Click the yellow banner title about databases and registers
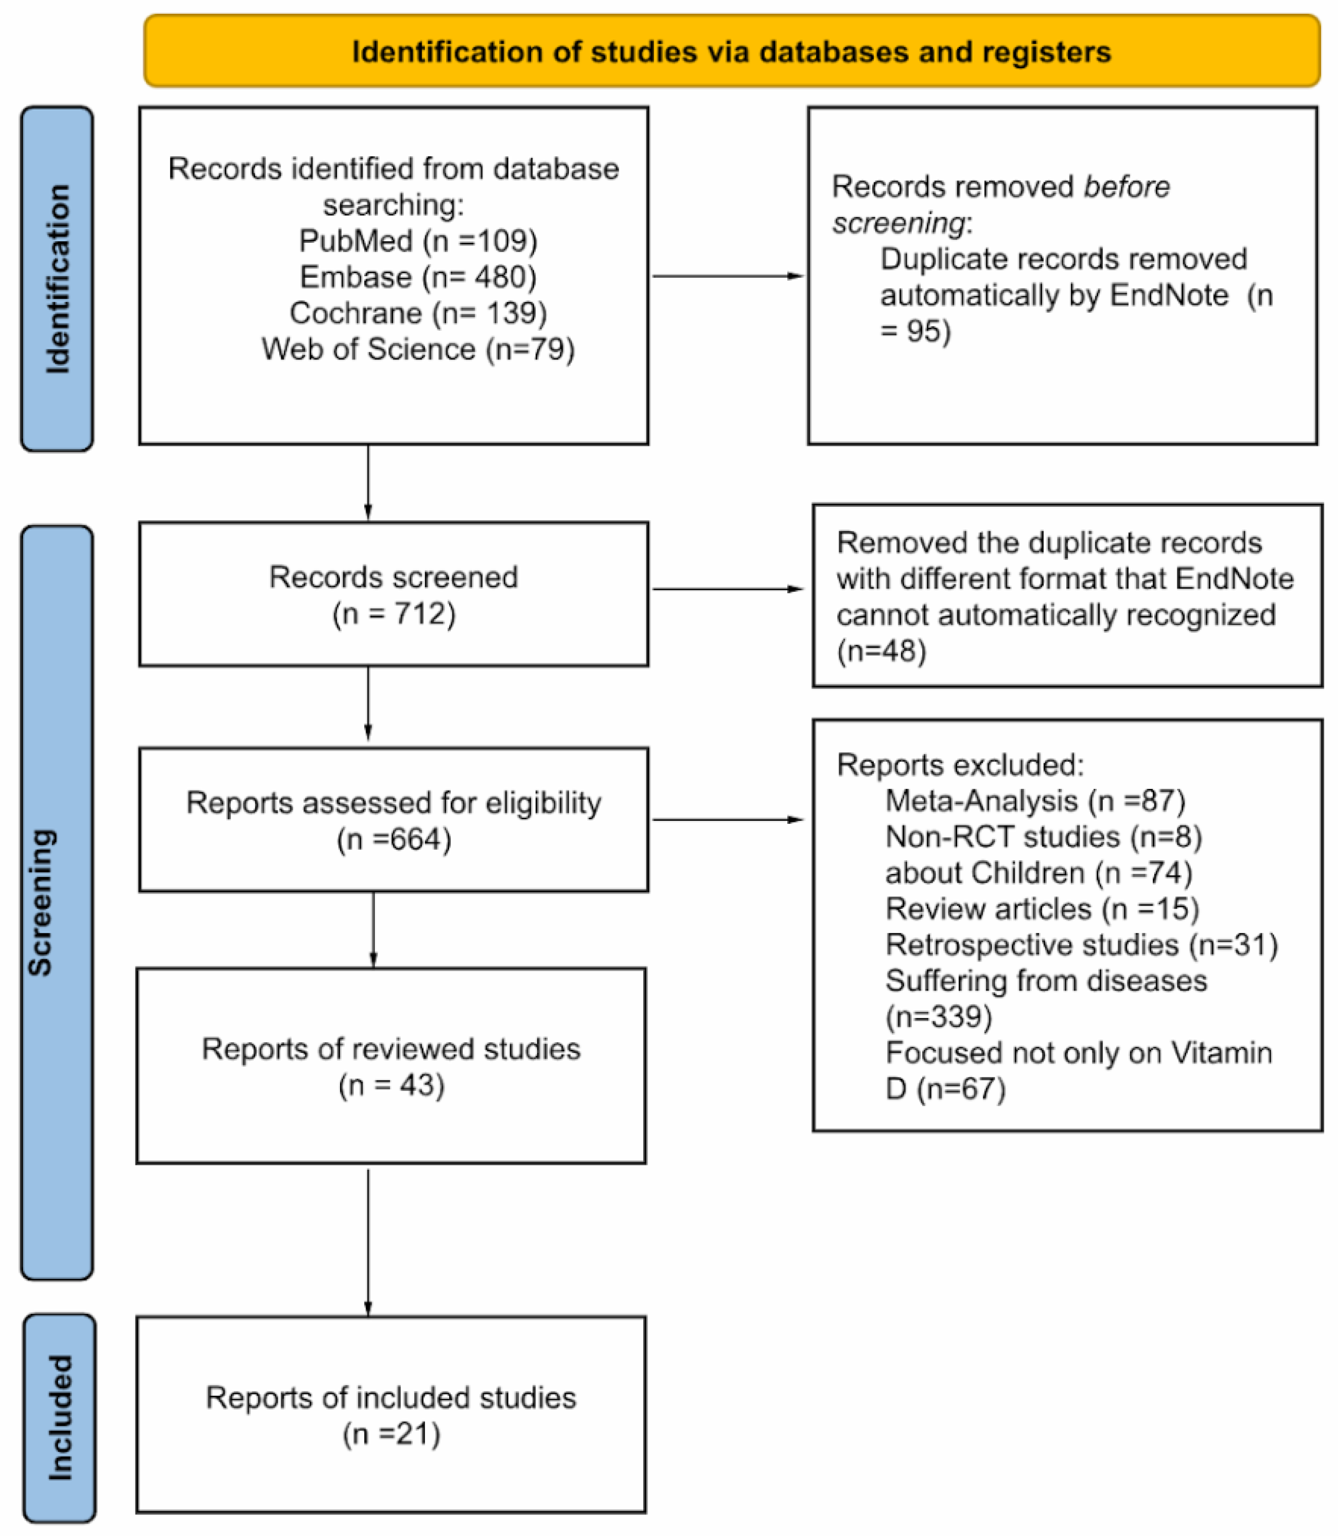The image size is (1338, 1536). click(731, 52)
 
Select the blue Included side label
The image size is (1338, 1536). click(60, 1417)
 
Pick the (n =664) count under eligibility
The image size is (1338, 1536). click(394, 840)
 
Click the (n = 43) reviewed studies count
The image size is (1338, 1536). click(391, 1085)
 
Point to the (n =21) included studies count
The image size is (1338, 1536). click(391, 1433)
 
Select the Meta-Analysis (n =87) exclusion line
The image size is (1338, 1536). click(1035, 801)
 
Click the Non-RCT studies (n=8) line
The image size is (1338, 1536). click(1043, 837)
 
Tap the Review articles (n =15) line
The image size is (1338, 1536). click(1042, 909)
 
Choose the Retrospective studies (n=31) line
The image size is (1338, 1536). click(1081, 945)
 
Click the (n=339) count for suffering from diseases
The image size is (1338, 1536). click(939, 1016)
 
